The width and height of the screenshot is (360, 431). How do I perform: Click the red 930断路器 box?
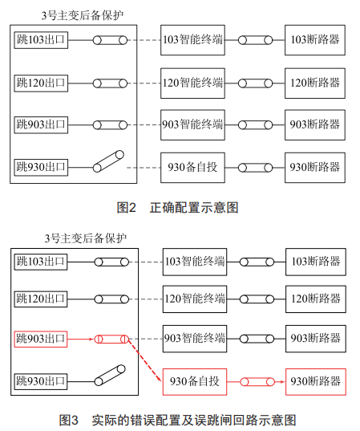(x=316, y=382)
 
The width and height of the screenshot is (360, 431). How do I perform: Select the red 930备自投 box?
(x=195, y=382)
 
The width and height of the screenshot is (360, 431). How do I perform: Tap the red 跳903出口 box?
(x=41, y=339)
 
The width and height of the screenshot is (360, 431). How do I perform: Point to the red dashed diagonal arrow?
(x=144, y=360)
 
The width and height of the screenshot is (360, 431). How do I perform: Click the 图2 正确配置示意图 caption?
(x=177, y=208)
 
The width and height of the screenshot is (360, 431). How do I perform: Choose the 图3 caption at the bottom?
(x=177, y=421)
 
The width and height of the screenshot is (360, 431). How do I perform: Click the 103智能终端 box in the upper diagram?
(x=192, y=40)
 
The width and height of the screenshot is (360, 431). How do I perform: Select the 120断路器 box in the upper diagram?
(x=315, y=83)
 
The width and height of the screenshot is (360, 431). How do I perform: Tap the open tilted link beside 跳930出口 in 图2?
(x=108, y=161)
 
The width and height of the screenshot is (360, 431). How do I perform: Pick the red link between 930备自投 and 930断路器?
(x=257, y=382)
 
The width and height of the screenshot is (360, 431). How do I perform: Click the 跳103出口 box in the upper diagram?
(x=41, y=40)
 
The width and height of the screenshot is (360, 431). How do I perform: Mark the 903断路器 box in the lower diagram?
(x=316, y=339)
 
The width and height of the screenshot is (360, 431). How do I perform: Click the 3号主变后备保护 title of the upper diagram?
(x=83, y=15)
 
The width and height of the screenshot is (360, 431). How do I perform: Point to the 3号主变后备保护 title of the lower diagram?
(x=86, y=238)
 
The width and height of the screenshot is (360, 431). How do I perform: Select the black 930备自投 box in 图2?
(x=192, y=168)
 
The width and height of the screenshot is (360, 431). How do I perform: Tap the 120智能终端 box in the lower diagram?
(x=195, y=299)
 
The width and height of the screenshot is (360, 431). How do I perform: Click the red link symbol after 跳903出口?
(x=111, y=340)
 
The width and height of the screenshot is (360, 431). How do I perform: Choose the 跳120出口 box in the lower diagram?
(x=41, y=299)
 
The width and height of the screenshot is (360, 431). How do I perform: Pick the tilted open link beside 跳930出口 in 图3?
(x=110, y=375)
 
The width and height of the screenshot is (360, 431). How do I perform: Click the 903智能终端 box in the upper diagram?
(x=192, y=125)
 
